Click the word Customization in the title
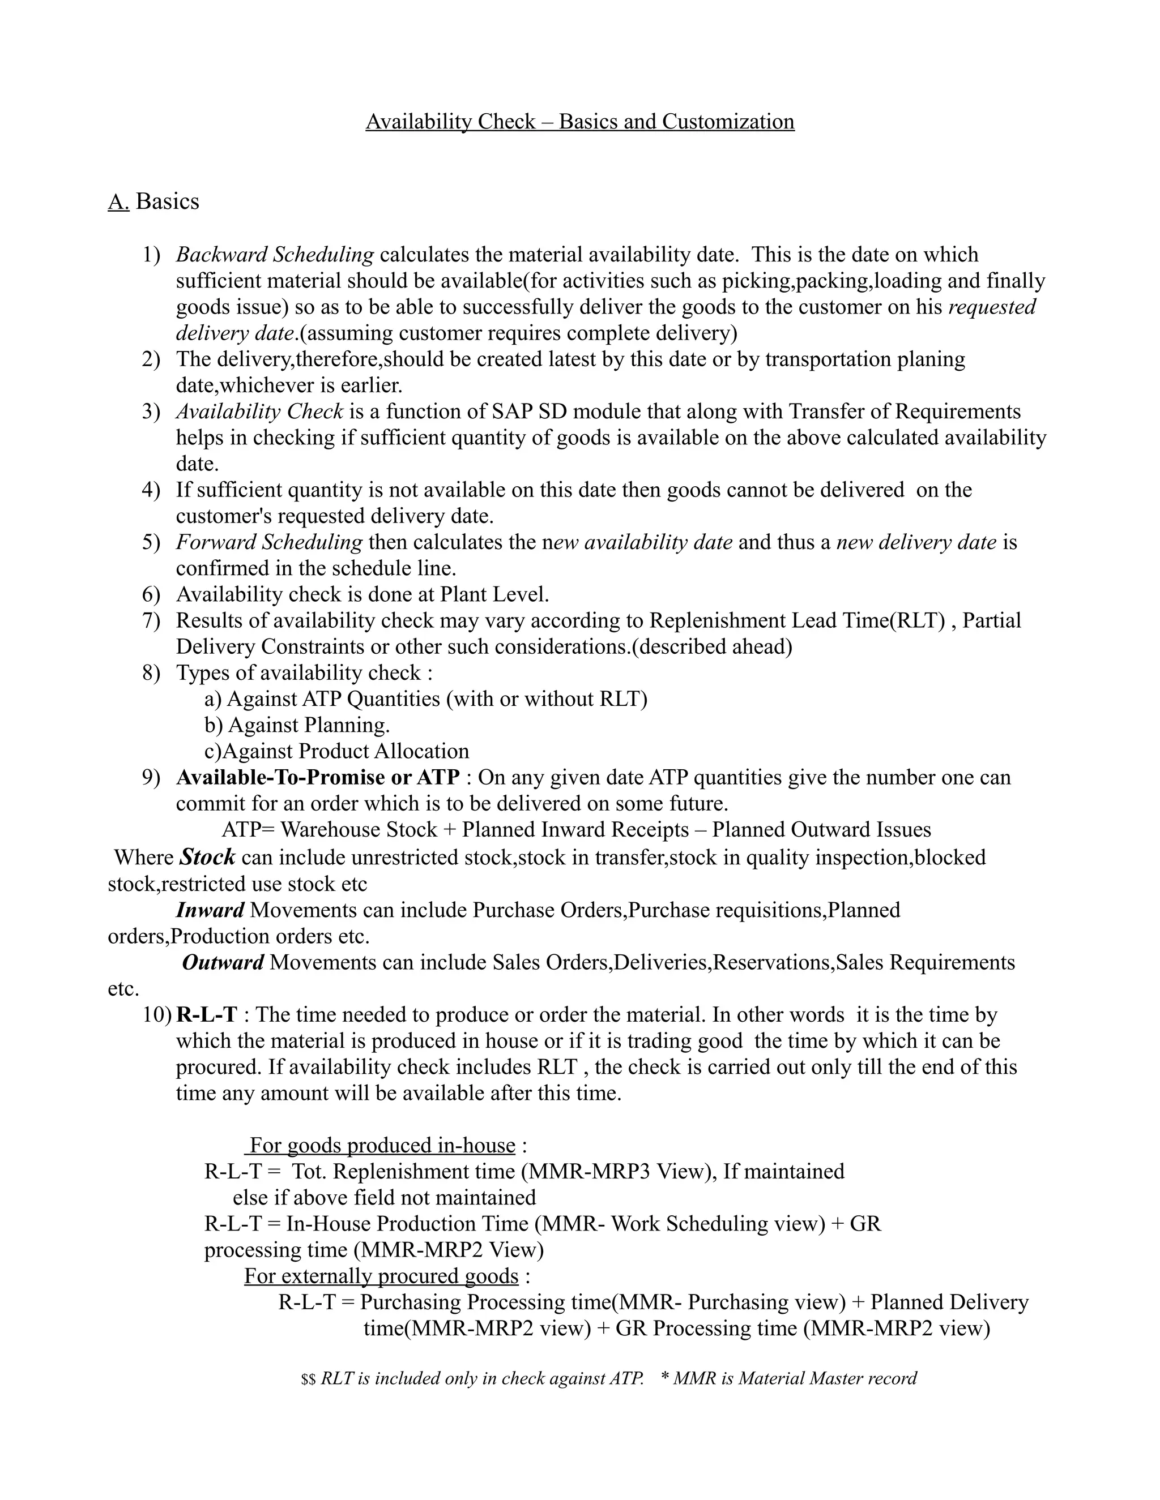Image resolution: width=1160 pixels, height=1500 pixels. tap(728, 122)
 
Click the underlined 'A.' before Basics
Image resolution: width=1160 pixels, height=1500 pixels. tap(118, 202)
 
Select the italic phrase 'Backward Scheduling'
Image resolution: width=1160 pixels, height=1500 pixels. tap(275, 255)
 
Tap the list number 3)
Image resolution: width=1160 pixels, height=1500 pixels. tap(151, 412)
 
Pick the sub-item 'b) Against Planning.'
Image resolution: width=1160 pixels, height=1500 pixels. tap(297, 725)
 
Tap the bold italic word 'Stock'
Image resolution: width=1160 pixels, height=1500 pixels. tap(207, 857)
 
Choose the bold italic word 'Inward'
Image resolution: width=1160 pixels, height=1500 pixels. tap(210, 910)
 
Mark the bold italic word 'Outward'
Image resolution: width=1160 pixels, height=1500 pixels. tap(223, 962)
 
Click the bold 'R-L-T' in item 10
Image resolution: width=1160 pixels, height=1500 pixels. tap(206, 1014)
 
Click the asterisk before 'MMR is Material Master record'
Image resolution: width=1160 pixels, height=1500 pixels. tap(664, 1378)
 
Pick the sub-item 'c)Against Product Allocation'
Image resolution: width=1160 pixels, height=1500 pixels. tap(337, 751)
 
